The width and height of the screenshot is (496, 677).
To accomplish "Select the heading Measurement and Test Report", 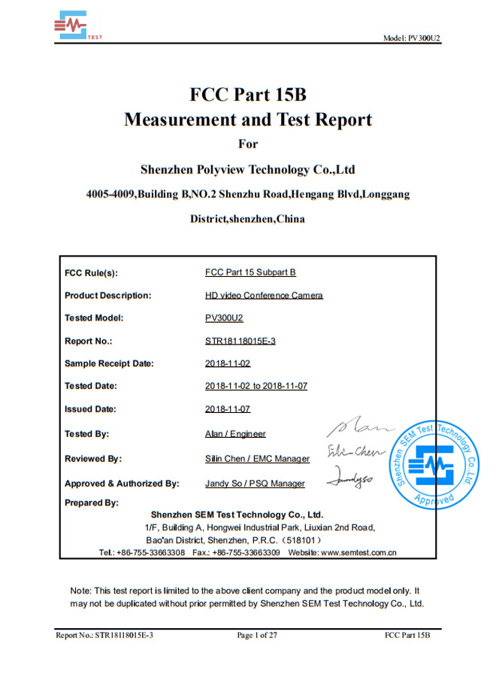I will (x=247, y=120).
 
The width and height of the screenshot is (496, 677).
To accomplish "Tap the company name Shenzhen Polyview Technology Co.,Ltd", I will (x=247, y=169).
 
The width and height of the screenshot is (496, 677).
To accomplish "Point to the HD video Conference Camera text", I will (x=264, y=295).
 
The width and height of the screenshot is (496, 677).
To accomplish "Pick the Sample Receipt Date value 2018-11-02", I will (x=227, y=363).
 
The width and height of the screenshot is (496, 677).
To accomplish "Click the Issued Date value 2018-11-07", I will (x=227, y=408).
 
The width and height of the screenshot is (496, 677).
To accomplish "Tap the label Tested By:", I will (x=86, y=434).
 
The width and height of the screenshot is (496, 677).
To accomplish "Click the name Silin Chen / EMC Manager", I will (x=257, y=458).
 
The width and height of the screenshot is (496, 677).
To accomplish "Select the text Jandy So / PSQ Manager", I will (x=255, y=483).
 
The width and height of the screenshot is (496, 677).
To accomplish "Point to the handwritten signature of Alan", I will (x=360, y=429).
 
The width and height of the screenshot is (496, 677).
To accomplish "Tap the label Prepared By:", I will (x=92, y=502).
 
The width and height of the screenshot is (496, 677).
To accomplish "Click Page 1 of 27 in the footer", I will (x=257, y=636).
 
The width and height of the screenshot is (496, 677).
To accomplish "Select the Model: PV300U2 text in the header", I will (x=411, y=38).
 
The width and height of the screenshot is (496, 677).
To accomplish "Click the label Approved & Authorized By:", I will (x=122, y=483).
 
